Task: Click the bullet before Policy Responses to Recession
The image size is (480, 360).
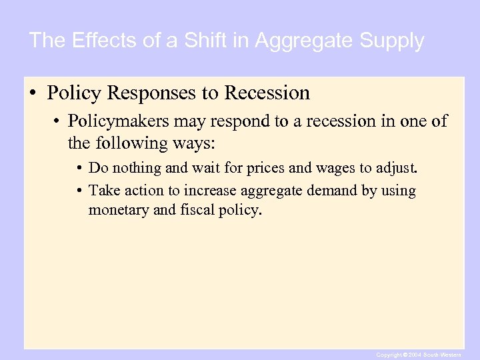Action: point(32,93)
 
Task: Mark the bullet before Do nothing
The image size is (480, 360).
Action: point(80,167)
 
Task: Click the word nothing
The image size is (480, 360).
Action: point(135,167)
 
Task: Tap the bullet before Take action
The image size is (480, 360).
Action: point(80,191)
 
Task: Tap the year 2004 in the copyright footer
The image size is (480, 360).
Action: point(413,355)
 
